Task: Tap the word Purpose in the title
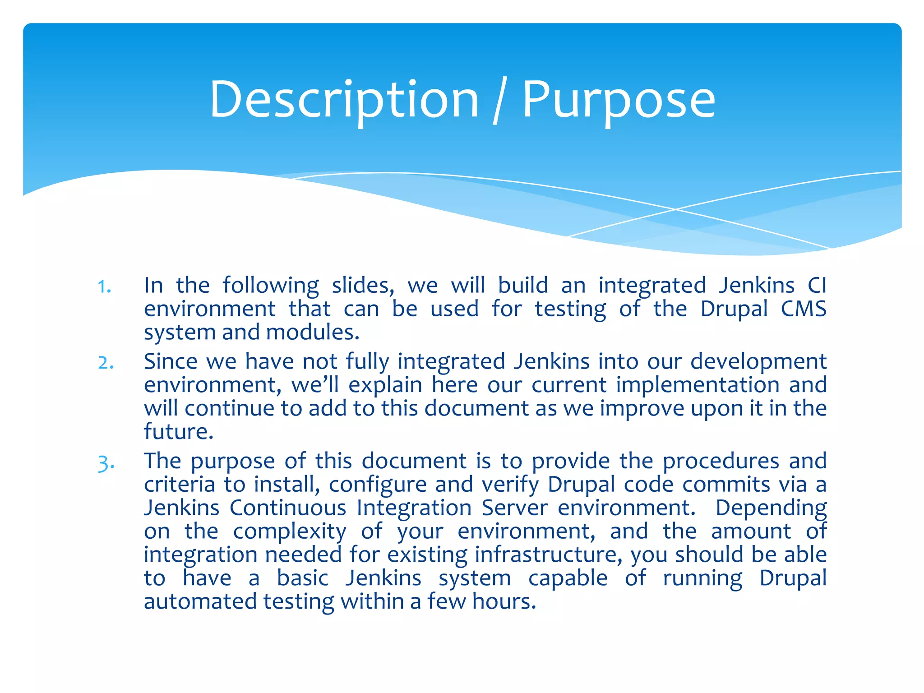[619, 100]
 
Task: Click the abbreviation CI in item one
[817, 285]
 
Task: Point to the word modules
[313, 333]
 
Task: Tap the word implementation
[698, 385]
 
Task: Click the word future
[178, 432]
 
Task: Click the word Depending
[771, 508]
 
